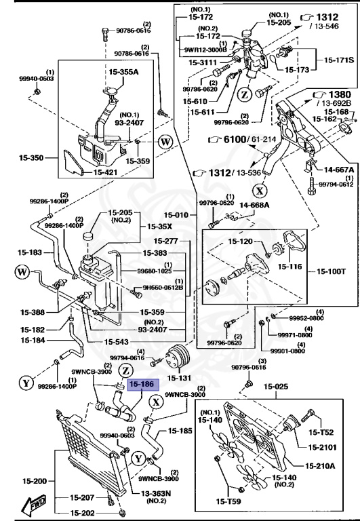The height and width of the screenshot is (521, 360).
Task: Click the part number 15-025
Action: click(x=277, y=387)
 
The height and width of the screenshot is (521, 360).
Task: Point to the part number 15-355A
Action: click(x=123, y=71)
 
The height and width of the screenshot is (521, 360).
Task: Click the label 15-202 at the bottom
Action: click(x=83, y=513)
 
